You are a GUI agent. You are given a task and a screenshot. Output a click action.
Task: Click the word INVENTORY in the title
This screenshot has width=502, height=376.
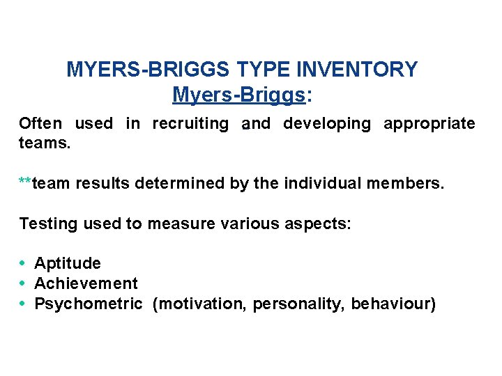coord(357,70)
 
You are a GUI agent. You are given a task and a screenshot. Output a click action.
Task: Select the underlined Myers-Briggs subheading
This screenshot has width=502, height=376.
coord(238,94)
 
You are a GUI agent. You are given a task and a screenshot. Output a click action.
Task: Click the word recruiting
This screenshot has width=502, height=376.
coord(190,124)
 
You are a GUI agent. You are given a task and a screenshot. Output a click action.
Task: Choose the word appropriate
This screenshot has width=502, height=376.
coord(429,124)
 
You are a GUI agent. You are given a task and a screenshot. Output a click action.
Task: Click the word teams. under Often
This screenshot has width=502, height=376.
coord(45,143)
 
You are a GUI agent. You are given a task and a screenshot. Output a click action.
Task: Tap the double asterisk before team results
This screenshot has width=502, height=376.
coord(25,183)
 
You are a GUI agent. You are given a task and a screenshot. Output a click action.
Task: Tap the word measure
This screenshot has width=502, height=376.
coord(175,224)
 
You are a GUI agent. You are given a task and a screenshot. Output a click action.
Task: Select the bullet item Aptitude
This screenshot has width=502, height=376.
coord(67,264)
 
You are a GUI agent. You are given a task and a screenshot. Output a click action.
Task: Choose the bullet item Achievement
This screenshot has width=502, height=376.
coord(86,283)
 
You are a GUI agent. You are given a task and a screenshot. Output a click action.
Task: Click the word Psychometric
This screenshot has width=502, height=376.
coord(89,304)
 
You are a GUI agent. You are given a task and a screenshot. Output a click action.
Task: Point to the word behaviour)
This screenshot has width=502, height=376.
coord(393,304)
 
